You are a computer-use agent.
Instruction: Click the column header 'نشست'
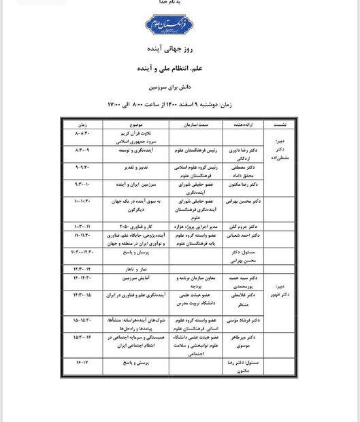(x=280, y=126)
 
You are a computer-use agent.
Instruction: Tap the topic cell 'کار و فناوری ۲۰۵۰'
(x=136, y=225)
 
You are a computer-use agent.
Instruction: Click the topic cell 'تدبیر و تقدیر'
(x=136, y=166)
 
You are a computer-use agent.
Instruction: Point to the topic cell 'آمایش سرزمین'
(x=136, y=279)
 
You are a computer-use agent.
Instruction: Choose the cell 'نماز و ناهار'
(x=135, y=268)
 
